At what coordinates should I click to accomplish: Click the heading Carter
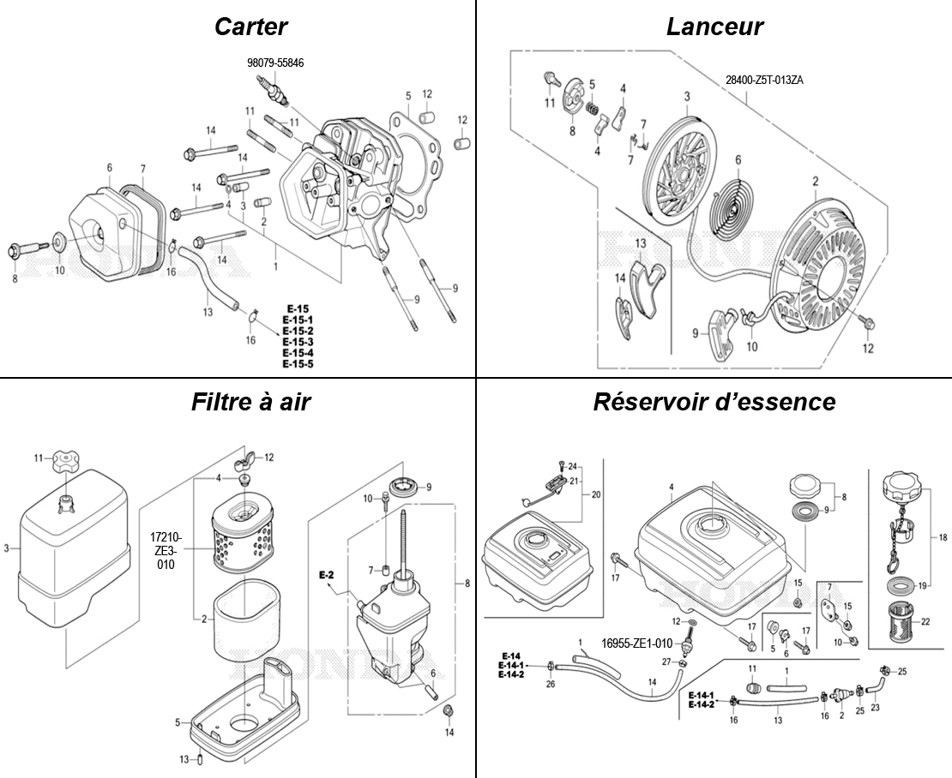[250, 27]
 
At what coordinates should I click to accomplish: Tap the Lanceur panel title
[714, 27]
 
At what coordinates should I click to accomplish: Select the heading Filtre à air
[250, 401]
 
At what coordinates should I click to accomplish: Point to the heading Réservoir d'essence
[714, 401]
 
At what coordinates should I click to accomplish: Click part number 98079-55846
[274, 63]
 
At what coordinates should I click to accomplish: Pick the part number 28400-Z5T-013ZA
[764, 80]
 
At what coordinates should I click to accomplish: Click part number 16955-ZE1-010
[636, 643]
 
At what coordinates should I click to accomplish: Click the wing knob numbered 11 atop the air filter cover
[65, 463]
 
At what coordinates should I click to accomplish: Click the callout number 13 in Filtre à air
[183, 759]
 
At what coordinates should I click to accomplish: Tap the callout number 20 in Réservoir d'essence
[597, 494]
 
